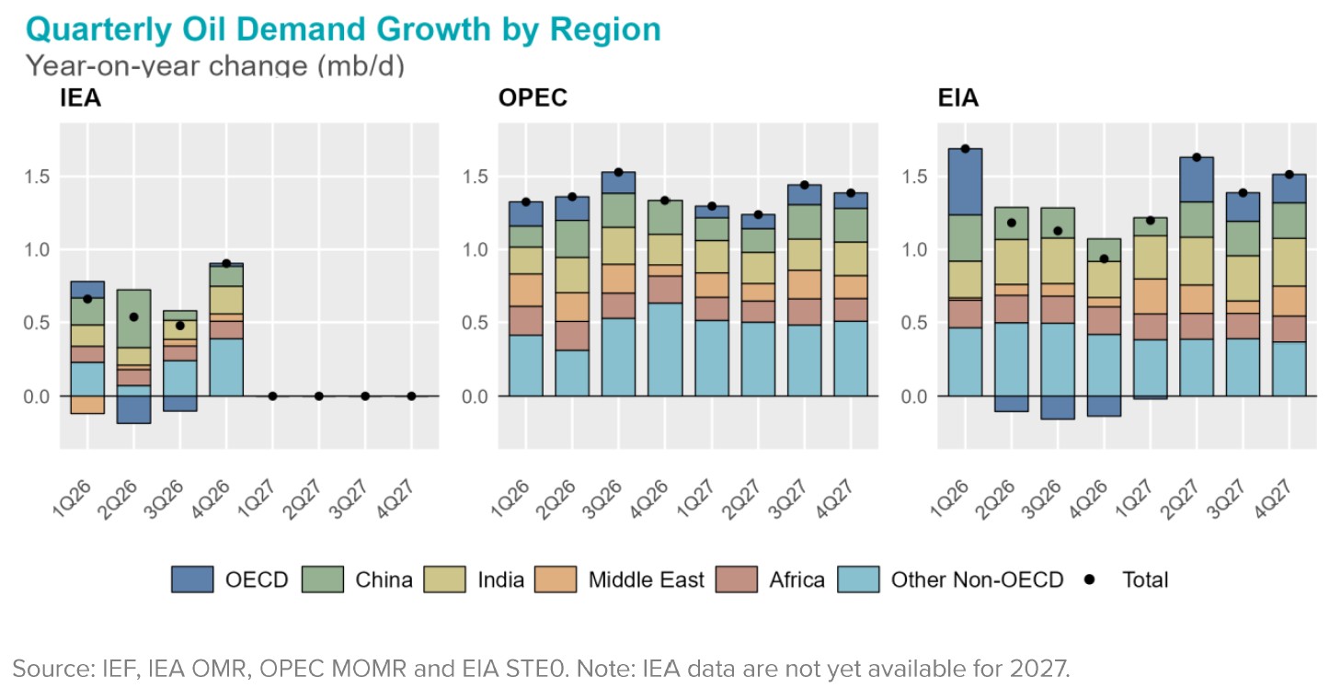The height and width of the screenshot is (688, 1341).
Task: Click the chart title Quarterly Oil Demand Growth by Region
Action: (x=343, y=29)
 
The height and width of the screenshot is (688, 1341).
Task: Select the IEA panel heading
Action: (x=80, y=98)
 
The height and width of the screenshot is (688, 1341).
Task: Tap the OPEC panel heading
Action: (x=533, y=98)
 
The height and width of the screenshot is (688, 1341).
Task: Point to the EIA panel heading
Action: (x=957, y=98)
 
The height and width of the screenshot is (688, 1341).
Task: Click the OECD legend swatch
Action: (x=192, y=579)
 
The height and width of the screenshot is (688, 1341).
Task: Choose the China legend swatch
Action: (x=322, y=579)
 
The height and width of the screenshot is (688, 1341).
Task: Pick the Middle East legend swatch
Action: (x=555, y=579)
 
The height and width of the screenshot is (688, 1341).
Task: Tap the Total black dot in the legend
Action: (x=1090, y=579)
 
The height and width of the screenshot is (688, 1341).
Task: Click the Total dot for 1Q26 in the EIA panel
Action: (x=965, y=149)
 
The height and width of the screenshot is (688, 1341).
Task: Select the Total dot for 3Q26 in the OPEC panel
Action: (x=618, y=172)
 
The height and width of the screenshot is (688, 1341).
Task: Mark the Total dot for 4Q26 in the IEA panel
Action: (x=225, y=264)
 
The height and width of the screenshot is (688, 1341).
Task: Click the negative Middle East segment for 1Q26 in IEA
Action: (x=87, y=405)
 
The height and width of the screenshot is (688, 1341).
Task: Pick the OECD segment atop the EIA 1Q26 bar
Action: (x=965, y=181)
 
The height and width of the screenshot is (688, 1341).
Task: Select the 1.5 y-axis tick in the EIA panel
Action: (x=916, y=177)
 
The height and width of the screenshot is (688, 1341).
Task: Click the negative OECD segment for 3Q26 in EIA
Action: (x=1058, y=407)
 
